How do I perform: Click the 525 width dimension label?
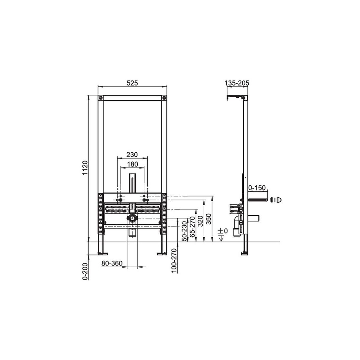click(132, 83)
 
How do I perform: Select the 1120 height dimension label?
click(85, 168)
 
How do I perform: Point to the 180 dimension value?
click(132, 164)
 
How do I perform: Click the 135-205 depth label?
click(237, 83)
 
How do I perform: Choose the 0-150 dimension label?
click(257, 188)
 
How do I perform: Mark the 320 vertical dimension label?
click(200, 221)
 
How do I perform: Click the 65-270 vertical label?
click(192, 227)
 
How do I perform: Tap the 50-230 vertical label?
click(184, 231)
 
